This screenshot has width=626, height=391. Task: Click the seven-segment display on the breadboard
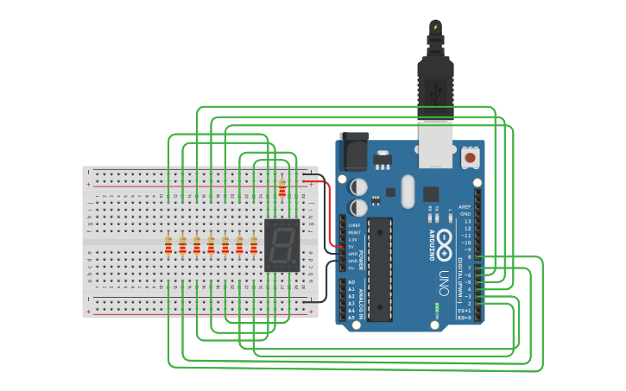point(281,245)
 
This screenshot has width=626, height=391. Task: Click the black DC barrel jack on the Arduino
point(353,152)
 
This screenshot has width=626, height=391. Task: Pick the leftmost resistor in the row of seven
point(168,246)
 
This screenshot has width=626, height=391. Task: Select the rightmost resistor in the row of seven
point(254,246)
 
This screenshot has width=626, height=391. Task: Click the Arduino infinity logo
point(445,241)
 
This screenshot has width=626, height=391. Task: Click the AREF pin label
point(465,207)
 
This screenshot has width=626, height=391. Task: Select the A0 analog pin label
point(351,282)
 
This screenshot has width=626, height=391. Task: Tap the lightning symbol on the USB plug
point(436,28)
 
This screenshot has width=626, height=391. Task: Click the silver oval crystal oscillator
point(408,192)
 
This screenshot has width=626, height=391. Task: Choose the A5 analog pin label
point(351,318)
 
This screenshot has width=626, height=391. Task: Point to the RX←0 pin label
point(465,318)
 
